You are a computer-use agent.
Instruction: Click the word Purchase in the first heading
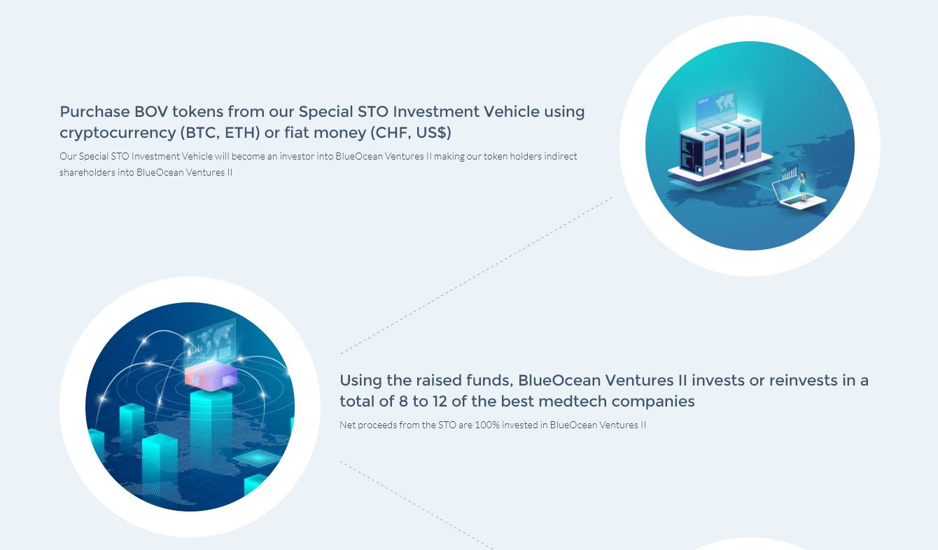pyautogui.click(x=94, y=112)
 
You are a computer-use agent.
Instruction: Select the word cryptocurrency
pyautogui.click(x=118, y=134)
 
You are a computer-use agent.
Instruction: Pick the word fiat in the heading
pyautogui.click(x=297, y=133)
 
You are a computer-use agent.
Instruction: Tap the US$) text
pyautogui.click(x=434, y=133)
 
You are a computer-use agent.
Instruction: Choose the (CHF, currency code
pyautogui.click(x=391, y=133)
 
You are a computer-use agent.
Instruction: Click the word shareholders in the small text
pyautogui.click(x=87, y=172)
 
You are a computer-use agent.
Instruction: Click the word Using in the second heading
pyautogui.click(x=361, y=381)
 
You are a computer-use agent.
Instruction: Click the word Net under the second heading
pyautogui.click(x=347, y=425)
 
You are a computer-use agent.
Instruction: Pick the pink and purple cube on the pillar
pyautogui.click(x=211, y=376)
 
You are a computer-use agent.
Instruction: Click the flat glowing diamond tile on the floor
pyautogui.click(x=257, y=458)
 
